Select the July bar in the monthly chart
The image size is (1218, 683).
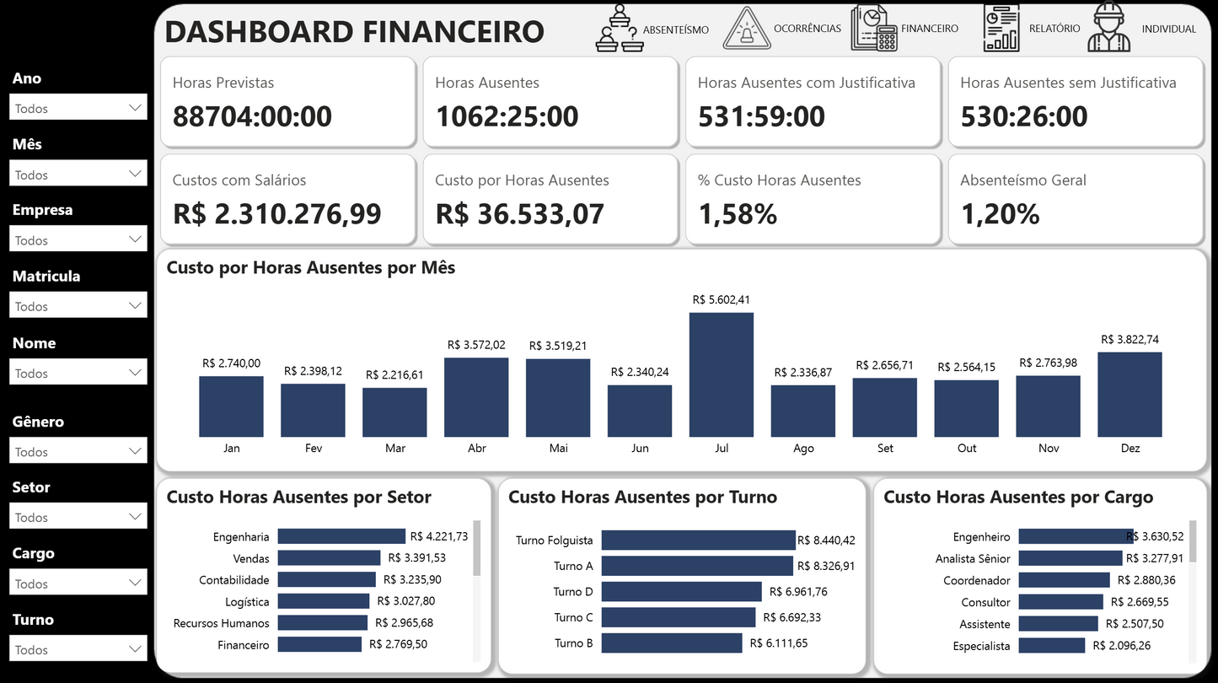tap(721, 374)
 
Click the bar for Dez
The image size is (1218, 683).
tap(1129, 394)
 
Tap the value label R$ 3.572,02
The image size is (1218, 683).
tap(476, 345)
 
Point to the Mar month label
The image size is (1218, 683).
tap(394, 449)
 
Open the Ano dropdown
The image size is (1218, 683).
tap(78, 108)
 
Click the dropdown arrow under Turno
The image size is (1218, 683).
tap(135, 649)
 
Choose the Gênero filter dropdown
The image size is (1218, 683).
tap(78, 451)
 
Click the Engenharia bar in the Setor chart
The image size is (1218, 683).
tap(341, 536)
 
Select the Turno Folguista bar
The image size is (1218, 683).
tap(698, 540)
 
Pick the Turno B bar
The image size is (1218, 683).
tap(671, 643)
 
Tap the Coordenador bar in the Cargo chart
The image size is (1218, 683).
tap(1064, 580)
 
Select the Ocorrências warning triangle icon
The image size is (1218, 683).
tap(746, 29)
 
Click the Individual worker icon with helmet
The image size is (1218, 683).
tap(1108, 28)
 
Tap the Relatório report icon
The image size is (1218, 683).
tap(1001, 28)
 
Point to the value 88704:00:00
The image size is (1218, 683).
tap(252, 116)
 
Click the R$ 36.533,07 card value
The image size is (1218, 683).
tap(519, 214)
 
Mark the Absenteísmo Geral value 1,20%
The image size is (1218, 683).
tap(1000, 214)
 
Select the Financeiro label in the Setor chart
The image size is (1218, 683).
tap(244, 645)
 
